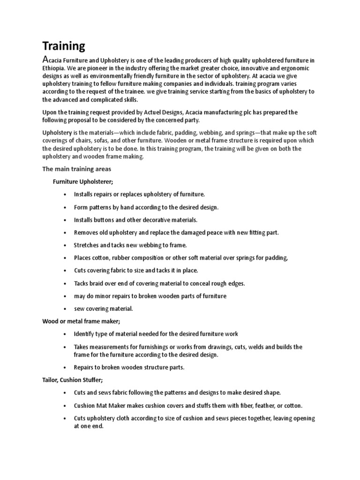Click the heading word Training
click(x=64, y=46)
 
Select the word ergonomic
click(x=300, y=68)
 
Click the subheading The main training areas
click(x=77, y=169)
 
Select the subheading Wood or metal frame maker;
click(x=81, y=321)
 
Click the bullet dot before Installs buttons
click(x=64, y=220)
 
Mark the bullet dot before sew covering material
click(x=64, y=309)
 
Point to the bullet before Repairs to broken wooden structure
click(x=64, y=367)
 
